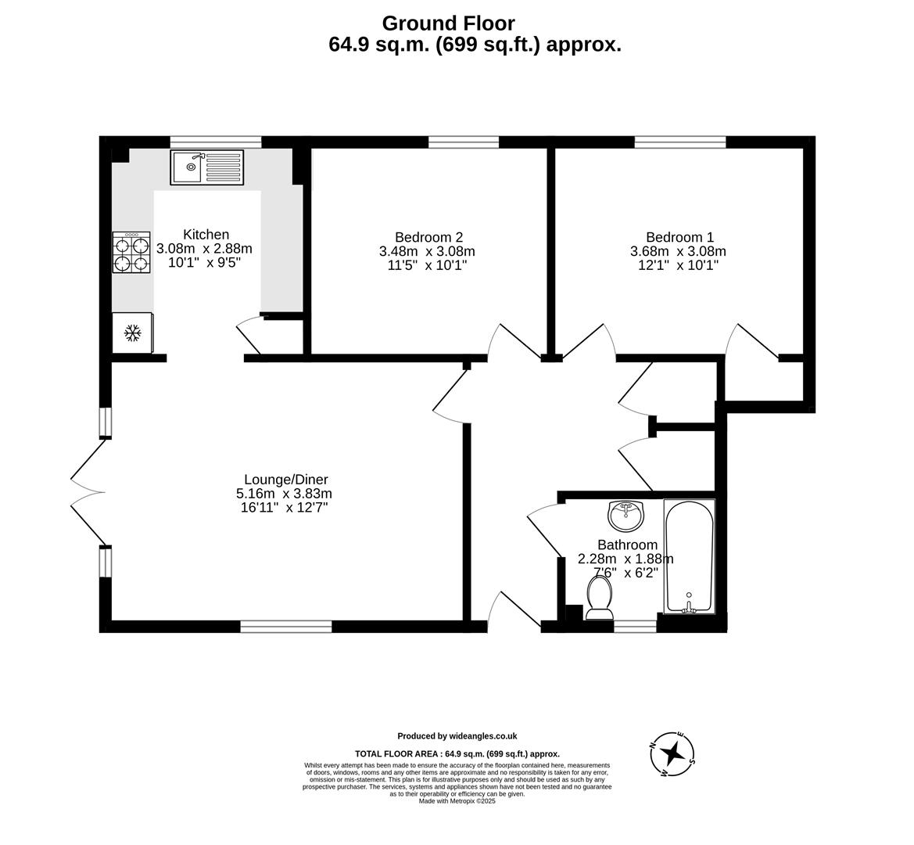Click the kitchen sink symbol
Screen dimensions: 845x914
pyautogui.click(x=206, y=167)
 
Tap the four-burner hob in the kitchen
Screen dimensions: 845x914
pyautogui.click(x=131, y=252)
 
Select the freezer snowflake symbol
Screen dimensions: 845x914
pyautogui.click(x=133, y=333)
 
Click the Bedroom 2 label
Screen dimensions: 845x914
pyautogui.click(x=428, y=237)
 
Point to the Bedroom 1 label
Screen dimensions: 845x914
pyautogui.click(x=679, y=237)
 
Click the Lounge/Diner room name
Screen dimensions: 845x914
pyautogui.click(x=285, y=480)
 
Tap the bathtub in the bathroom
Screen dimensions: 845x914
pyautogui.click(x=688, y=556)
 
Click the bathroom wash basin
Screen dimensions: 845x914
pyautogui.click(x=625, y=515)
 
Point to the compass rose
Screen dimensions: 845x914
pyautogui.click(x=672, y=754)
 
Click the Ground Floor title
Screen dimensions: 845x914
pyautogui.click(x=448, y=23)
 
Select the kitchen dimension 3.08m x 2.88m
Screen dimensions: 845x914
pyautogui.click(x=205, y=249)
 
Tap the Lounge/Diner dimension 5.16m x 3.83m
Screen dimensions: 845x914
pyautogui.click(x=284, y=494)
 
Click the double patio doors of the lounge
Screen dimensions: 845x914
pyautogui.click(x=88, y=491)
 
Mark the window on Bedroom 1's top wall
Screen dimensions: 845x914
pyautogui.click(x=679, y=142)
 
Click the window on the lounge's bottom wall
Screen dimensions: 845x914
pyautogui.click(x=285, y=626)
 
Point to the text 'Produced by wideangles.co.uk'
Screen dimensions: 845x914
pyautogui.click(x=457, y=735)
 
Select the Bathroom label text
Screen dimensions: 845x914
pyautogui.click(x=627, y=545)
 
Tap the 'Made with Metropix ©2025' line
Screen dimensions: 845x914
pyautogui.click(x=457, y=800)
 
